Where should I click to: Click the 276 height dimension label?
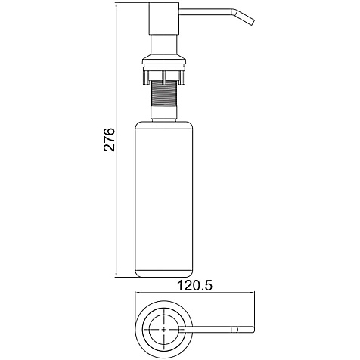[x=109, y=139]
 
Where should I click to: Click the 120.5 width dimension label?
[x=195, y=286]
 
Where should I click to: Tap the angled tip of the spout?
[x=245, y=17]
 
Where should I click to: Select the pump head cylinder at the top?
[x=164, y=18]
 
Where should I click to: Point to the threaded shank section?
[x=164, y=95]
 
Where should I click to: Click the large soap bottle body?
[x=164, y=199]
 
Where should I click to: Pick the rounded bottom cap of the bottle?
[x=164, y=274]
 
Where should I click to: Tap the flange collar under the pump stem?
[x=164, y=60]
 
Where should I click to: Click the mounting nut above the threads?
[x=164, y=75]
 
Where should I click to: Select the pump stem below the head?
[x=164, y=44]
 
